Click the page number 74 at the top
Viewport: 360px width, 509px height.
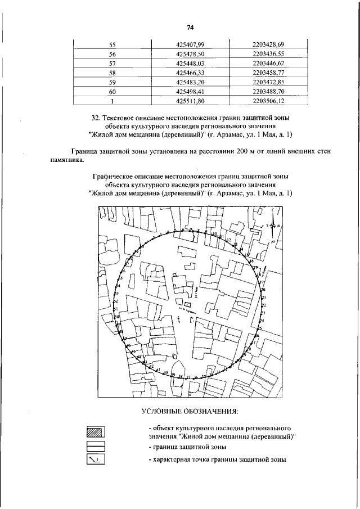(x=190, y=28)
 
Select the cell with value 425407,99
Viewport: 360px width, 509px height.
(x=190, y=44)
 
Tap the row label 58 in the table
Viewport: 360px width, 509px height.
(x=112, y=73)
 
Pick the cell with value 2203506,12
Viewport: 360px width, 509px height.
(x=268, y=101)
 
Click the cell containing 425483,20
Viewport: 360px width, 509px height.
(x=190, y=82)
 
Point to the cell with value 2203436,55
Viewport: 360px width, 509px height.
(x=268, y=54)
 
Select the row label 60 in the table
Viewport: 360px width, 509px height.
(x=112, y=92)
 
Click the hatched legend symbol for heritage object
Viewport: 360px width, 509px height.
(x=96, y=433)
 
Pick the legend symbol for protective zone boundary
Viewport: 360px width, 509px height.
(x=96, y=447)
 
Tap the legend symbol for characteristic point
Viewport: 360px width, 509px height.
(x=96, y=460)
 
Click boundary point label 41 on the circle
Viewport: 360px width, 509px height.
(x=159, y=371)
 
